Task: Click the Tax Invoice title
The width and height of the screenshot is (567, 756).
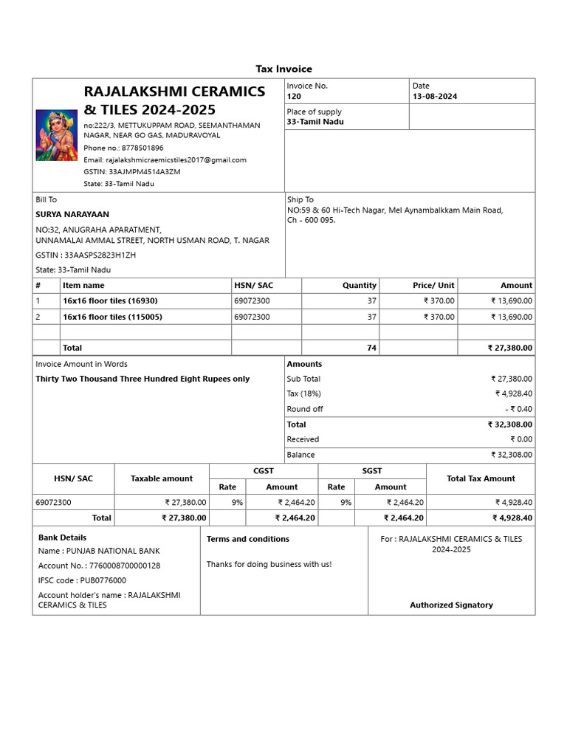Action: click(283, 69)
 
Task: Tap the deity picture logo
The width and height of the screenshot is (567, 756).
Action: click(57, 135)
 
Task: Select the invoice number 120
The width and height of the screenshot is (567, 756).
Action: click(294, 97)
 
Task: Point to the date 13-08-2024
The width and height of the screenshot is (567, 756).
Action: click(435, 97)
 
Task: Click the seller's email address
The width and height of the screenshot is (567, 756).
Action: click(165, 159)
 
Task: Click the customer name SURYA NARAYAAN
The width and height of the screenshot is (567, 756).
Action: click(72, 214)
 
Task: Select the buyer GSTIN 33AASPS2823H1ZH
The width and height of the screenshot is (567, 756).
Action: click(86, 255)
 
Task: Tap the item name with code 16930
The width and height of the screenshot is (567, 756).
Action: click(110, 300)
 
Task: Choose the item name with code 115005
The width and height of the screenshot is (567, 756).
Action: click(112, 317)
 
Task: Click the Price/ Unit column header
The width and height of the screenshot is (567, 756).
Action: click(433, 285)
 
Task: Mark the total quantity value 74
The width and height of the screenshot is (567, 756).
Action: click(371, 348)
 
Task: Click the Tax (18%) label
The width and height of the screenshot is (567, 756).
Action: click(303, 394)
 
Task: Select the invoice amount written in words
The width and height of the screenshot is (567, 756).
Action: click(142, 379)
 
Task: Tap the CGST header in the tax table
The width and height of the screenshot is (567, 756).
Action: click(264, 470)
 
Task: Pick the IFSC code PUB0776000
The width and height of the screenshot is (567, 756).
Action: click(82, 580)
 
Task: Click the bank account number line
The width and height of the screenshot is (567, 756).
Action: click(99, 566)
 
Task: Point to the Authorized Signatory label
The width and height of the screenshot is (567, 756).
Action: click(451, 605)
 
